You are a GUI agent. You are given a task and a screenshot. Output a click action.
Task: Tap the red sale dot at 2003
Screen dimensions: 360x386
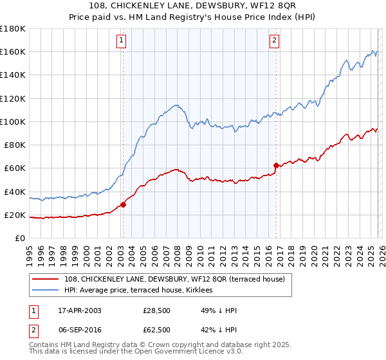coord(123,205)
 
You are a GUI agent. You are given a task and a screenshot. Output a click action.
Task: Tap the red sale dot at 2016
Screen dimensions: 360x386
coord(276,165)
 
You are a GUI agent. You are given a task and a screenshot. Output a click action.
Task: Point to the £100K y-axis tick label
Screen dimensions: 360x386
coord(13,122)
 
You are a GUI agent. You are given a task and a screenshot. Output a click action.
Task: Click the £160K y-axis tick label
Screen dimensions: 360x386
coord(13,51)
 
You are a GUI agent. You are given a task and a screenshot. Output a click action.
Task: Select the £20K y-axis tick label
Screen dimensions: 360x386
coord(15,215)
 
